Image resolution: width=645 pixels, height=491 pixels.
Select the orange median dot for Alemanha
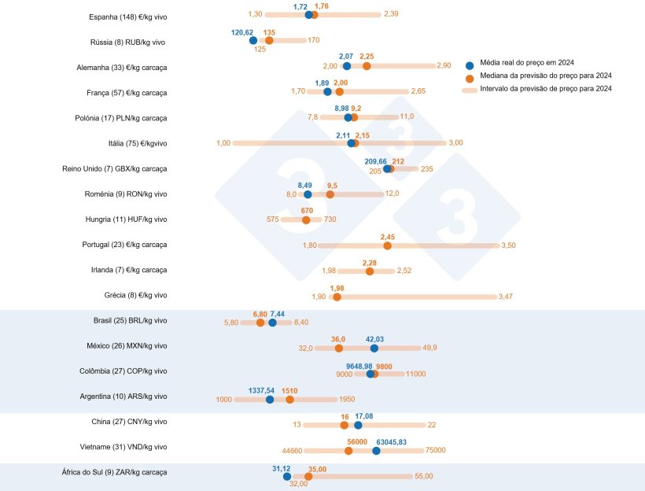coord(367,66)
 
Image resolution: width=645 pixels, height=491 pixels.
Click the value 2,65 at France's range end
coord(417,91)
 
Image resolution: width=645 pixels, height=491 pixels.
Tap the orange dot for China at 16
coord(345,425)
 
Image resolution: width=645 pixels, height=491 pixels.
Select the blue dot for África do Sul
coord(287,476)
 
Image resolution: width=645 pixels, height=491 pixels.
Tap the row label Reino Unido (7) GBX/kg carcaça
coord(115,168)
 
